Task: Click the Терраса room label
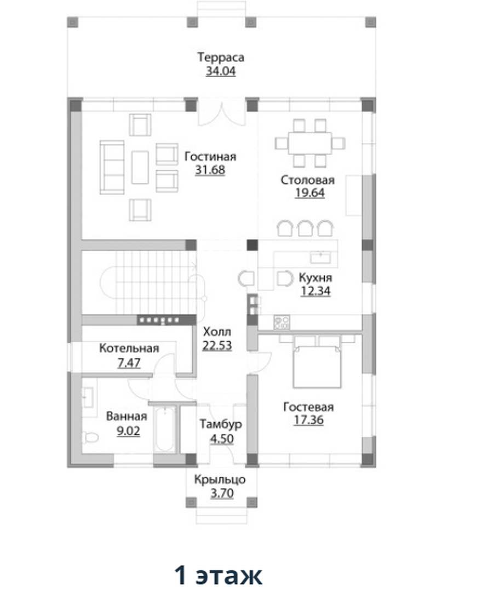click(221, 58)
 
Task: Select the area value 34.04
click(221, 71)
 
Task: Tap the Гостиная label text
click(210, 156)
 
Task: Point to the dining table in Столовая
click(310, 143)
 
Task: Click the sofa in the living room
click(112, 167)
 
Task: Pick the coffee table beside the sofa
click(140, 167)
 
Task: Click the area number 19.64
click(310, 193)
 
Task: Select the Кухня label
click(316, 278)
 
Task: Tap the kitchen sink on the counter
click(320, 257)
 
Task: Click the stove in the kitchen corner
click(282, 322)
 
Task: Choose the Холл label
click(217, 332)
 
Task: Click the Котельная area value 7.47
click(129, 363)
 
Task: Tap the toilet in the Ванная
click(90, 438)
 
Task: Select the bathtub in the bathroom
click(165, 429)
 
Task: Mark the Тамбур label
click(221, 424)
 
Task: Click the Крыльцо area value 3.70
click(222, 494)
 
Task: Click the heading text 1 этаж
click(219, 575)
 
